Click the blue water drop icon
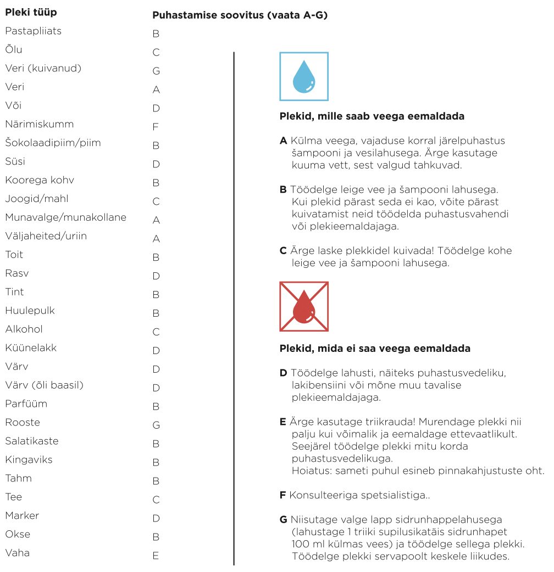click(304, 76)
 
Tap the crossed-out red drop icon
click(304, 306)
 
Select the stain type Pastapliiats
click(33, 31)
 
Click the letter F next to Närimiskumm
click(156, 127)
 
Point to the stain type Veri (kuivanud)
click(43, 69)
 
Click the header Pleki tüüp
click(31, 12)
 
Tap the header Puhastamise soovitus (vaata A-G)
click(240, 15)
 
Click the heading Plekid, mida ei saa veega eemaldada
click(375, 349)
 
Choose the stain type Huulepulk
click(30, 311)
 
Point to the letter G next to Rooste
click(156, 425)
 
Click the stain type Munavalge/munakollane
click(65, 217)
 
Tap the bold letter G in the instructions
click(284, 519)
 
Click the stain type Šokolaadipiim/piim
click(53, 143)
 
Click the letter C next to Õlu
click(156, 53)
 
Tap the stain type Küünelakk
click(31, 348)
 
